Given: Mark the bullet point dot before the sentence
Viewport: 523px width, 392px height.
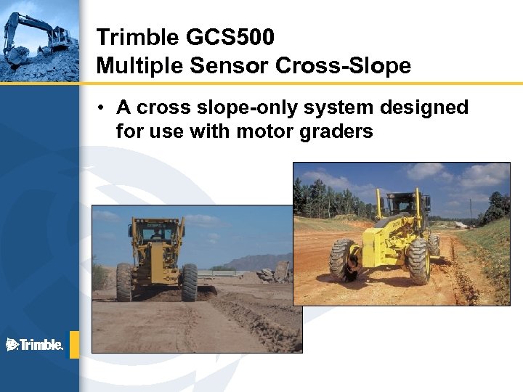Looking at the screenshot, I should click(x=105, y=108).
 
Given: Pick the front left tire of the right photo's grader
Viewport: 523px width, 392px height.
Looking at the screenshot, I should click(x=343, y=260).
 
